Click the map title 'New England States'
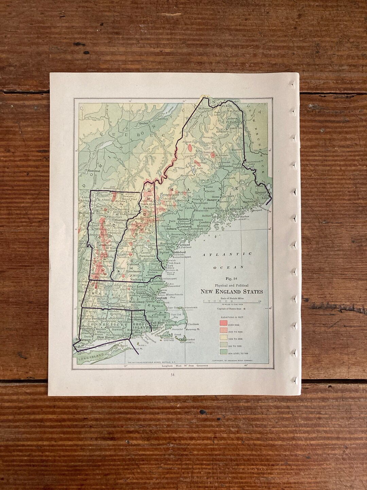[x=231, y=292]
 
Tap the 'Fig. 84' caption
[x=231, y=279]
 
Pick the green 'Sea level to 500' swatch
[x=223, y=352]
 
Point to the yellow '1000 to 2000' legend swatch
[x=223, y=337]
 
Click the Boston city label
[x=161, y=298]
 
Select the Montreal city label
[x=93, y=170]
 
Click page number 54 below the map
[x=173, y=375]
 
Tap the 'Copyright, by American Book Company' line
[x=232, y=360]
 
